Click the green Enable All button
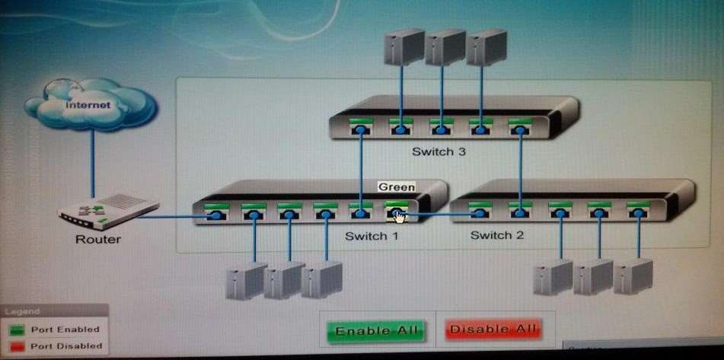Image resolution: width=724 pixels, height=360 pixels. coord(375,331)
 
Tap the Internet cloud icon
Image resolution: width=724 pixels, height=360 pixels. coord(91,104)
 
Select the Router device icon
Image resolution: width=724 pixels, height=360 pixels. coord(109,212)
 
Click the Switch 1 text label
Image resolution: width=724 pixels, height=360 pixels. coord(372,236)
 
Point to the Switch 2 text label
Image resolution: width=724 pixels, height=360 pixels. coord(497,235)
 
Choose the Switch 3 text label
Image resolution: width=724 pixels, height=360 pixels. coord(439,151)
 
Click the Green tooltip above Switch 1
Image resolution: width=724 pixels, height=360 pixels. coord(397,187)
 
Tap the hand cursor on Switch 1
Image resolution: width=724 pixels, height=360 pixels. coord(400,216)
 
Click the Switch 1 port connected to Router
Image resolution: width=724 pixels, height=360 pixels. coord(216,212)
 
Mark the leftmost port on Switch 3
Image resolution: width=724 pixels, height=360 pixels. coord(361,126)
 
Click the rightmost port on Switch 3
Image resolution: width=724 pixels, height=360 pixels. coord(520,126)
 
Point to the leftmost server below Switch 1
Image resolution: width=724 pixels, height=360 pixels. coord(247,281)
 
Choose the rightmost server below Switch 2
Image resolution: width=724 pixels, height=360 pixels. coord(633,276)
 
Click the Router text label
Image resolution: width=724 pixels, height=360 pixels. coord(98,240)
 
